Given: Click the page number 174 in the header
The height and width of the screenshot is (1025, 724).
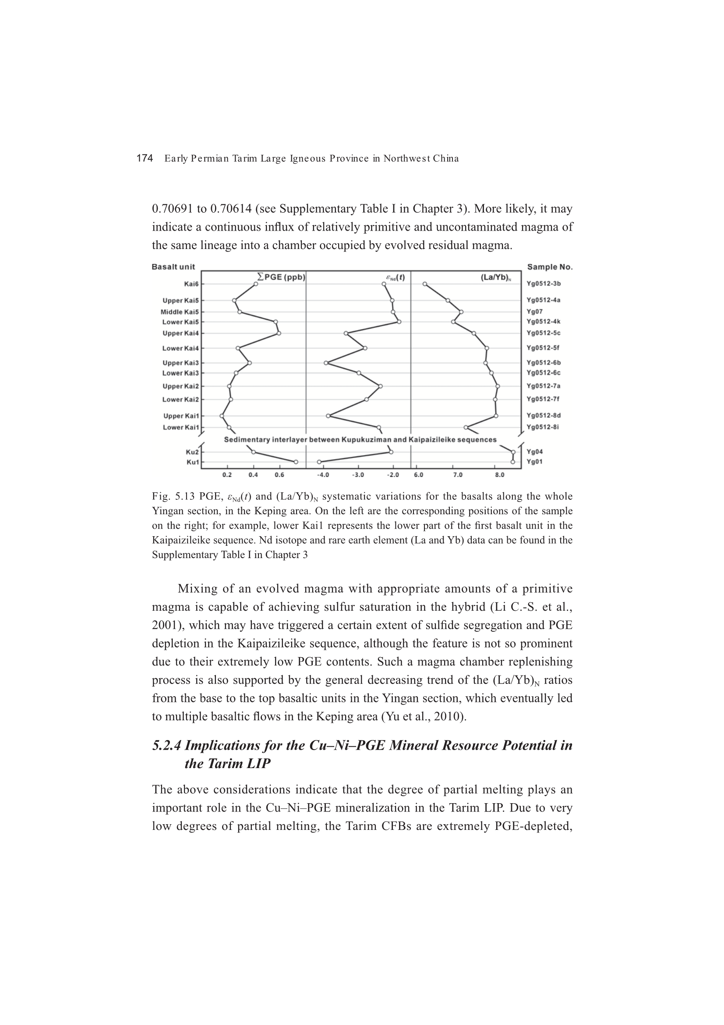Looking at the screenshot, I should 145,158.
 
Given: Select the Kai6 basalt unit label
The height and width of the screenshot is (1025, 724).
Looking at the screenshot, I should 191,284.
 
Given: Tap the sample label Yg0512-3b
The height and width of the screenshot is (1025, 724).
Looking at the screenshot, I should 544,284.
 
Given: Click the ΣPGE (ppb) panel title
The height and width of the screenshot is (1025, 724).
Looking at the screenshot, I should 282,277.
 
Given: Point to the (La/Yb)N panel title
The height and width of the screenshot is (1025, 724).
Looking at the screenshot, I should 496,278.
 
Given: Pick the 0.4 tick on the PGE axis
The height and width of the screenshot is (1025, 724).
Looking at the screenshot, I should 253,475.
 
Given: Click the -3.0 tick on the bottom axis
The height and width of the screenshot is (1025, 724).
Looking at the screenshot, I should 358,475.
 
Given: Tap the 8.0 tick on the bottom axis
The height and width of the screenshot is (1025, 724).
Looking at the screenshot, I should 500,475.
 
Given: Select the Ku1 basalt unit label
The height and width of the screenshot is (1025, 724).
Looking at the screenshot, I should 193,462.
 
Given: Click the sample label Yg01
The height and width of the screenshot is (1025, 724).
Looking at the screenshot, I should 534,462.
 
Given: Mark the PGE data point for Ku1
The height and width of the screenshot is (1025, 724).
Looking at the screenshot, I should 296,462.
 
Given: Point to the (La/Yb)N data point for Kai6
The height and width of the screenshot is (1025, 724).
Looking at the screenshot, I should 425,284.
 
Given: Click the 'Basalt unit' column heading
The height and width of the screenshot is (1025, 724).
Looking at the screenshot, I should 173,267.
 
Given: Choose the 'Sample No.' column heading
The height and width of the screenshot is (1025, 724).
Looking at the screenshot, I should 550,267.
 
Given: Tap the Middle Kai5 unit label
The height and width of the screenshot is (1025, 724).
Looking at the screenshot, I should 179,312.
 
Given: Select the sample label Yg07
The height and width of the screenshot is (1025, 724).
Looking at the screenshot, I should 534,312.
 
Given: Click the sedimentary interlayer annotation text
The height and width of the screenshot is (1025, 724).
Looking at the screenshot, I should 360,440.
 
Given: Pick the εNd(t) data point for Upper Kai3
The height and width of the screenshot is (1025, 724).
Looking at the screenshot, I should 326,363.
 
